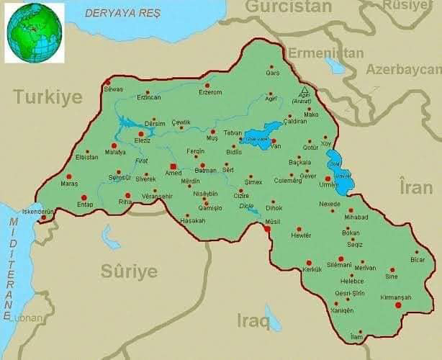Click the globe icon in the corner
click(35, 33)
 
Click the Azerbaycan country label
click(403, 70)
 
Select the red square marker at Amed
click(172, 166)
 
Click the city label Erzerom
click(210, 92)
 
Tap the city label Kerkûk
click(312, 269)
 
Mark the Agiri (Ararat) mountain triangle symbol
click(304, 90)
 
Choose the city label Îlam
click(356, 337)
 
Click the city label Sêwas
click(114, 89)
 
